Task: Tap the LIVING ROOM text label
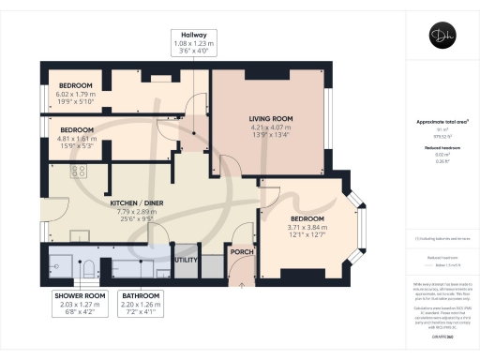pos(271,119)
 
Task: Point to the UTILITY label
pos(187,256)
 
